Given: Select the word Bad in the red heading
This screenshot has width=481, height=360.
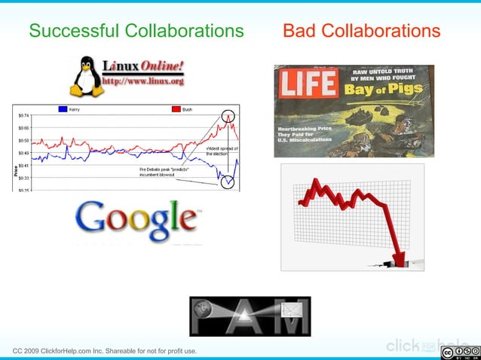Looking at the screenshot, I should (x=299, y=31).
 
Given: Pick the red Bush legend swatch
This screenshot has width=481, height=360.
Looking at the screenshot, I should (x=176, y=109).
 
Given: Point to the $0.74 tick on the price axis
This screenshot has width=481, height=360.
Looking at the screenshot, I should (x=25, y=115).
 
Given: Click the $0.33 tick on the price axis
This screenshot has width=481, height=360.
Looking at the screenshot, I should (x=25, y=178).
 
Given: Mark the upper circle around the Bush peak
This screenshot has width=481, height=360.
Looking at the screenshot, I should (x=228, y=117).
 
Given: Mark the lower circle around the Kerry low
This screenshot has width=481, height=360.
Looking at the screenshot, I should (x=227, y=181).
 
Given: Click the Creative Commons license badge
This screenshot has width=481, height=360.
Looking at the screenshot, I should (x=459, y=352).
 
